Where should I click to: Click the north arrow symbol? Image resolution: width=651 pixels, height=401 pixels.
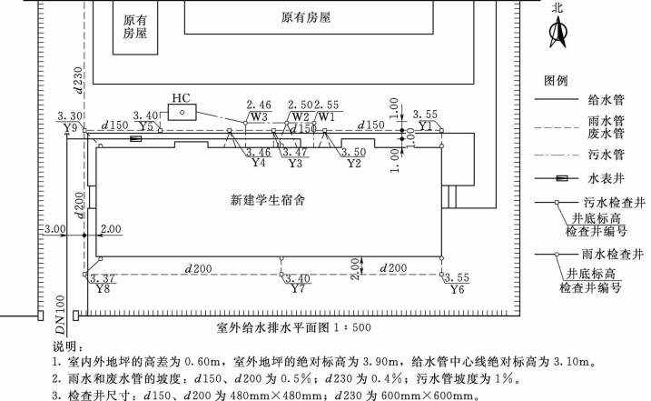(557, 35)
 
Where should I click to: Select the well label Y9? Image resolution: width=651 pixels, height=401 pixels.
(71, 128)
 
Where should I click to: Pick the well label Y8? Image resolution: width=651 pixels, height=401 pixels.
(103, 289)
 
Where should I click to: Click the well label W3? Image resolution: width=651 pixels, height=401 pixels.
(259, 116)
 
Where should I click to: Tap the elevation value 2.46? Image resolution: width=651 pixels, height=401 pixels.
(259, 105)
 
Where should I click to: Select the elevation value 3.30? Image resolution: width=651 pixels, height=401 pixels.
(69, 117)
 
